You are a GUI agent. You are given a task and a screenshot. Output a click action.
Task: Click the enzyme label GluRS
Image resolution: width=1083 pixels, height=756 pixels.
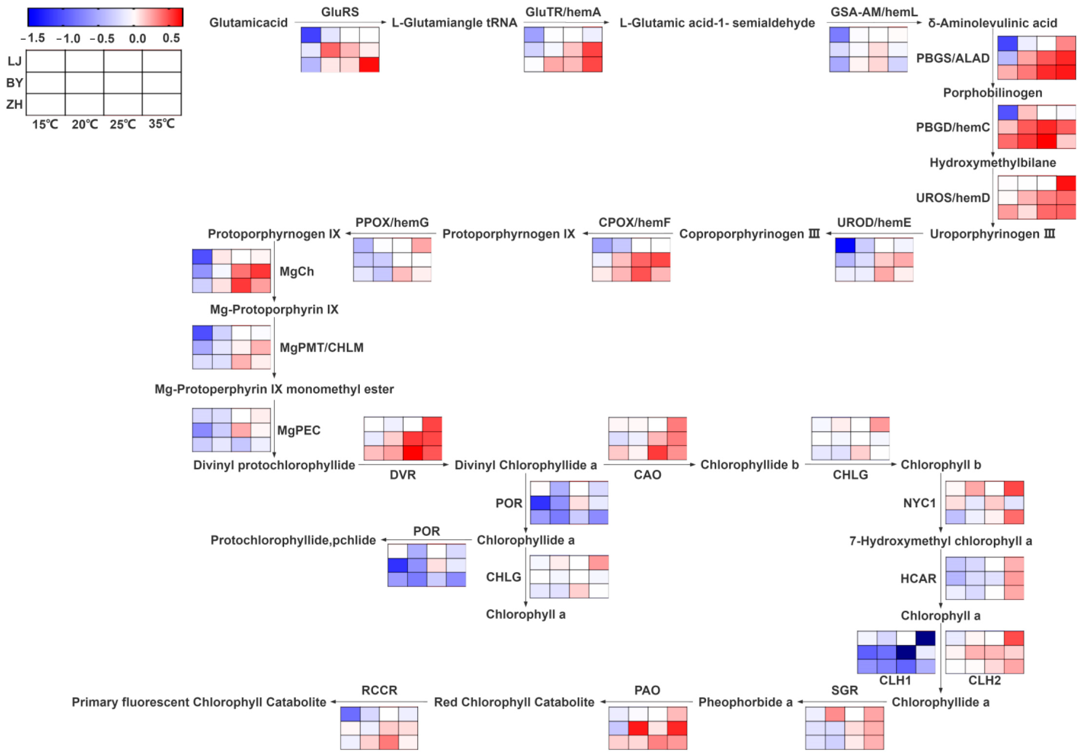340,12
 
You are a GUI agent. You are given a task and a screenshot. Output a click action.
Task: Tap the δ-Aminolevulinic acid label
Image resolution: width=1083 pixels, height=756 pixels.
992,23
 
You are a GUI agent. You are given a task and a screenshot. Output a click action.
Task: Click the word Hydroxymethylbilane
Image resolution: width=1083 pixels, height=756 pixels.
992,163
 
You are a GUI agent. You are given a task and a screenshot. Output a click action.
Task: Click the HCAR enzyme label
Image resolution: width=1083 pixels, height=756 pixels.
918,578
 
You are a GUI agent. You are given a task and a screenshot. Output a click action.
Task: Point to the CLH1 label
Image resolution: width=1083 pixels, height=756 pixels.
895,680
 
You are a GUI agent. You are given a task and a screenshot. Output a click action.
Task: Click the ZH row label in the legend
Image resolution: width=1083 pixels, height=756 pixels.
14,104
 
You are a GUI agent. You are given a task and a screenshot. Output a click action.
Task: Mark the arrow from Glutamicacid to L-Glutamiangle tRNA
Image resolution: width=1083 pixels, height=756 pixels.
340,22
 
